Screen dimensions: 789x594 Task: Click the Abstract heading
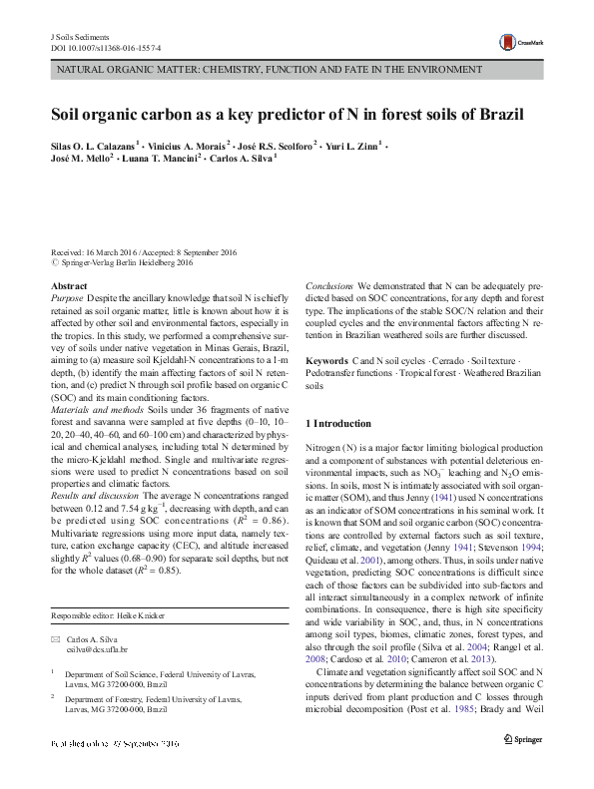point(68,286)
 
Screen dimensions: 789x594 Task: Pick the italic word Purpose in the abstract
point(67,298)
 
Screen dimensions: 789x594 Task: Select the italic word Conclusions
point(329,286)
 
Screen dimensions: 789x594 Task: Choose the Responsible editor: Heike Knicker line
point(110,615)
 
